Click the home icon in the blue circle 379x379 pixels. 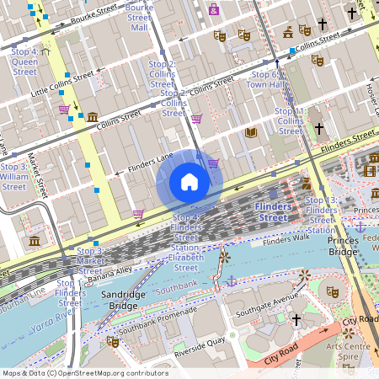click(x=189, y=182)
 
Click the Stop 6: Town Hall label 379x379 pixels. click(x=269, y=80)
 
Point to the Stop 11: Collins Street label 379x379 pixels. click(x=291, y=121)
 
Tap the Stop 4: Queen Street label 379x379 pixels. click(x=24, y=61)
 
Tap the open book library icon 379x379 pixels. click(x=250, y=132)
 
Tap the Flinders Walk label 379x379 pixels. click(x=286, y=242)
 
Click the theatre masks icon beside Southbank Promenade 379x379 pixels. click(x=113, y=341)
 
